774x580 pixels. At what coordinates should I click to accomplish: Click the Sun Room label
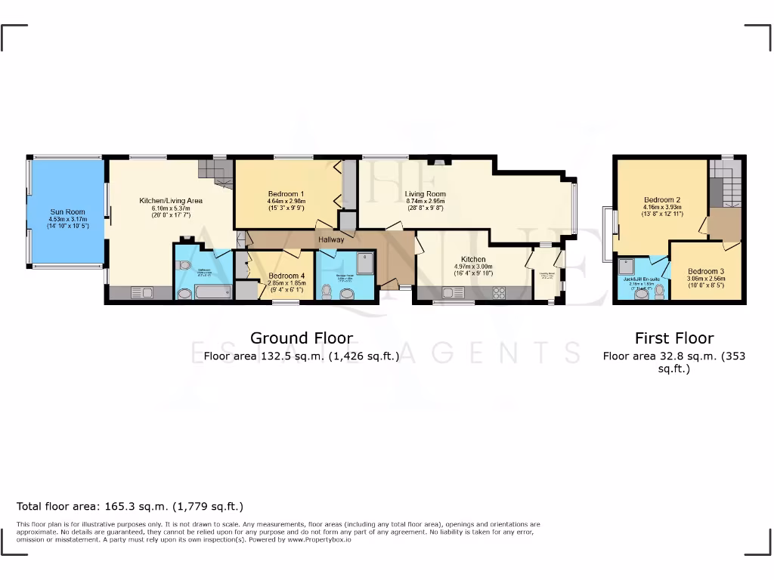(x=67, y=212)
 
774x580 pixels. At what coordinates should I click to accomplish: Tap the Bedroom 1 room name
(x=286, y=193)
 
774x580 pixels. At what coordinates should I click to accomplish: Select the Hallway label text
(x=331, y=239)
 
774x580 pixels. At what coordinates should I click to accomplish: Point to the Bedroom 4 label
(x=286, y=276)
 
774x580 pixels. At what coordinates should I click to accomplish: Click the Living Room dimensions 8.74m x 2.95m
(x=426, y=202)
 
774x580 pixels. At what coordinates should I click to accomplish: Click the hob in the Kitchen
(x=499, y=292)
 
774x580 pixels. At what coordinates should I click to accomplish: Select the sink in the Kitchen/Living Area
(x=141, y=292)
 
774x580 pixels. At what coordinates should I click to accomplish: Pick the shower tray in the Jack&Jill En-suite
(x=627, y=267)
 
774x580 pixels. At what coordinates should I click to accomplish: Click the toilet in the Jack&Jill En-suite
(x=659, y=292)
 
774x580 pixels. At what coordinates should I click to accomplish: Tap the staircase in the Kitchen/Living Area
(x=216, y=173)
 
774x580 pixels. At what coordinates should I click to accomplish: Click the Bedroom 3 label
(x=705, y=271)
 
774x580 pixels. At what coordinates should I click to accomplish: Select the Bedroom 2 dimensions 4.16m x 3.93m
(x=662, y=208)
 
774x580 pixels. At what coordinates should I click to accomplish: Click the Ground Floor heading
(x=301, y=338)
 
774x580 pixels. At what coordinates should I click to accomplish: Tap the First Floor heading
(x=673, y=338)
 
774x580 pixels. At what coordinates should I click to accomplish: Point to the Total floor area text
(x=130, y=506)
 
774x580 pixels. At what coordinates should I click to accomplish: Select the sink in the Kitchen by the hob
(x=457, y=292)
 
